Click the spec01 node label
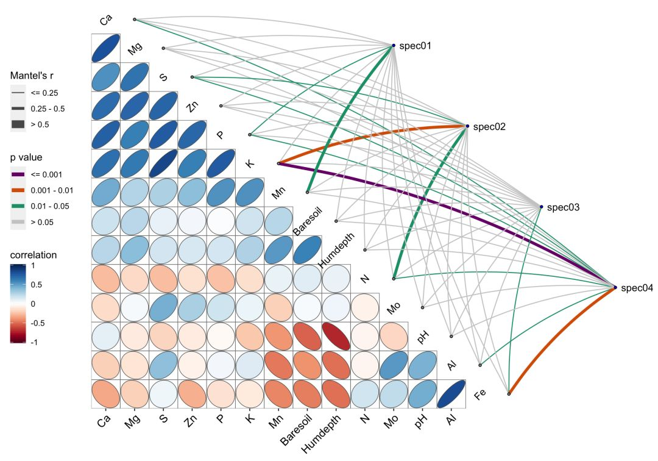tap(416, 46)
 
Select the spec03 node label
tap(563, 208)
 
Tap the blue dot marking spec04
tap(615, 287)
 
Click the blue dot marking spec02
tap(467, 126)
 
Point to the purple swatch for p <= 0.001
tap(18, 174)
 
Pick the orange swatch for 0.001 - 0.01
tap(18, 190)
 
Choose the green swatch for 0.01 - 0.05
tap(18, 206)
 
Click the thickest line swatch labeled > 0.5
tap(18, 124)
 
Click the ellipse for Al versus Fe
tap(451, 394)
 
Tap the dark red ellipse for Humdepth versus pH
tap(336, 336)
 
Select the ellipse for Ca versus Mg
tap(105, 48)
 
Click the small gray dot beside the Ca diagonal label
tap(135, 20)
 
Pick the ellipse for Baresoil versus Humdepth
tap(307, 249)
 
